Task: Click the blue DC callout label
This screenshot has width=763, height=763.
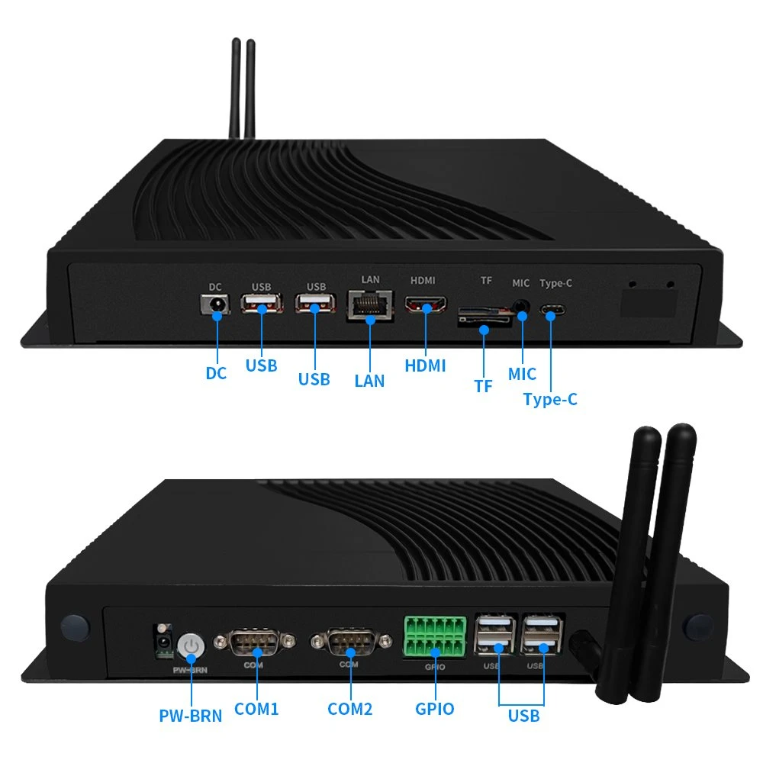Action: [x=216, y=373]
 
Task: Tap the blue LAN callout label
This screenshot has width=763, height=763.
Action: [x=369, y=381]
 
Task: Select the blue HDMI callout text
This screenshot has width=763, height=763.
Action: [x=425, y=365]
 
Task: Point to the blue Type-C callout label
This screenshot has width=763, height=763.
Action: [x=550, y=400]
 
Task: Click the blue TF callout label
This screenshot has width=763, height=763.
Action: [x=483, y=386]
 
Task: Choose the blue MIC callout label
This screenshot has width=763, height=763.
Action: [x=522, y=374]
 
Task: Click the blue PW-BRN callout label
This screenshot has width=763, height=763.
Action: [x=190, y=716]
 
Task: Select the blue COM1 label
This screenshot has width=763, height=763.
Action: [x=256, y=709]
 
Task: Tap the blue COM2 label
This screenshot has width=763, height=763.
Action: [x=350, y=709]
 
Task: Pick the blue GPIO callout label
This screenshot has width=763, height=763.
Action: [x=435, y=709]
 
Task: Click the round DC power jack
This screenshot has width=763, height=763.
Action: [x=216, y=305]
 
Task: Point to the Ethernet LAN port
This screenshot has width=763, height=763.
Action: [x=370, y=306]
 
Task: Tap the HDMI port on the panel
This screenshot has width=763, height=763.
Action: [x=426, y=305]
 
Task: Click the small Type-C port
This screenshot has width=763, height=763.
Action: [x=552, y=310]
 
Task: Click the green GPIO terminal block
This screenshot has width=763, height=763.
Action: [x=435, y=636]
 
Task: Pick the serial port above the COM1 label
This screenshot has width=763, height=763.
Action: [x=254, y=642]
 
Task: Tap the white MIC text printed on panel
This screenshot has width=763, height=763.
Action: [x=520, y=283]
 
